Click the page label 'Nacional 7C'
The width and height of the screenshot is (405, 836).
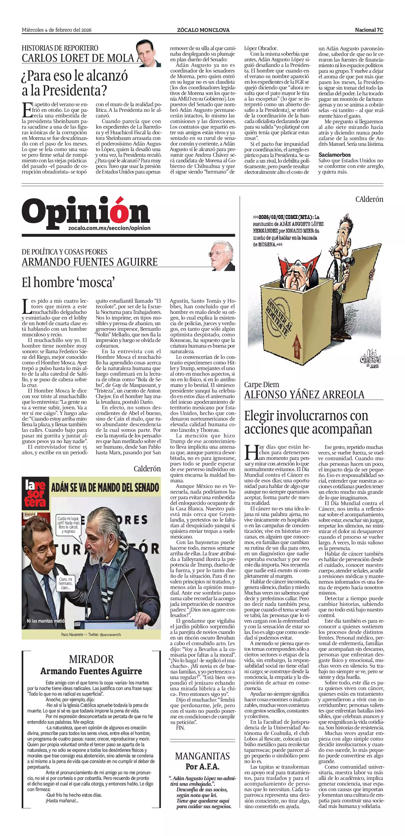pos(369,30)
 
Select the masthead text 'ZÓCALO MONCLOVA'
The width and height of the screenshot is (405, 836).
pos(203,30)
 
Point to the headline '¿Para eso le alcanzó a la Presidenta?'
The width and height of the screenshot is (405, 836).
pos(75,83)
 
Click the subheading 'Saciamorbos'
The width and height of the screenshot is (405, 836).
pos(334,155)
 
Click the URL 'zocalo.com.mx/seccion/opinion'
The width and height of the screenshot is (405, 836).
pos(109,228)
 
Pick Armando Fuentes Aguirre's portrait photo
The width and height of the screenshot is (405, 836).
pos(222,256)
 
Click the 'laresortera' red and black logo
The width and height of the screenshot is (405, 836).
pos(35,493)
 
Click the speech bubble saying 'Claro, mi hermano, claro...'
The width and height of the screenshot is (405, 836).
pos(66,583)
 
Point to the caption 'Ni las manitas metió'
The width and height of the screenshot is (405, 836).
pos(45,621)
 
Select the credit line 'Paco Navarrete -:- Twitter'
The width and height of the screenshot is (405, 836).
pos(91,634)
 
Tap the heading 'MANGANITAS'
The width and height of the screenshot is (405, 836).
pos(203,756)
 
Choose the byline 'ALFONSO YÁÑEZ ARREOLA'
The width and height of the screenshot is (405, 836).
pos(304,395)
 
